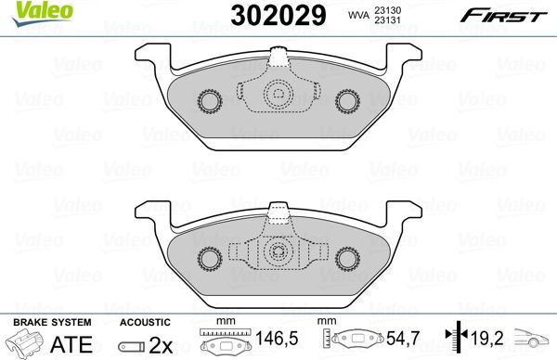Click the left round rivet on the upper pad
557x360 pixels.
point(209,99)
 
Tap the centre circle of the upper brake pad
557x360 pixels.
point(278,95)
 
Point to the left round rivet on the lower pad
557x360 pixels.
point(209,256)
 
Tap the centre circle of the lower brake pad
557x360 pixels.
point(278,251)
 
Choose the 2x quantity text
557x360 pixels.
point(163,342)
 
